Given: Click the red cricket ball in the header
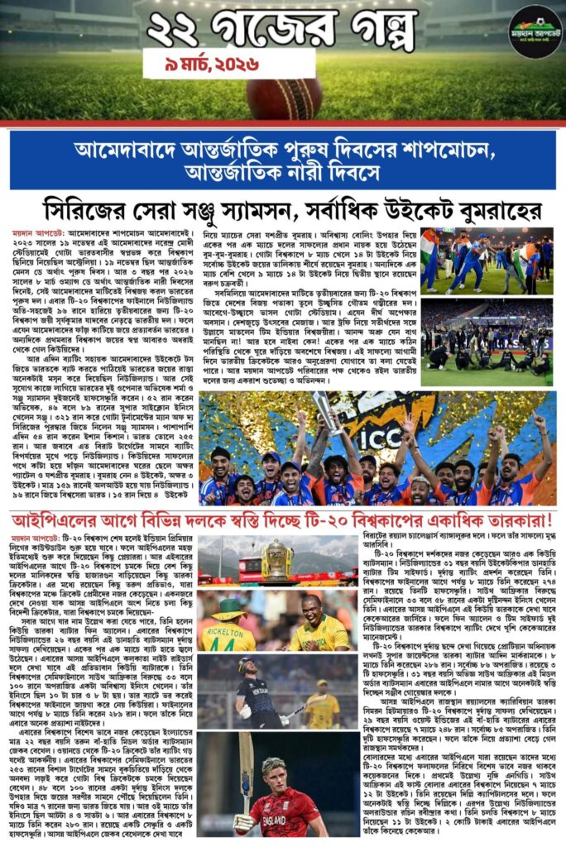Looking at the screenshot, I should click(283, 97).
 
